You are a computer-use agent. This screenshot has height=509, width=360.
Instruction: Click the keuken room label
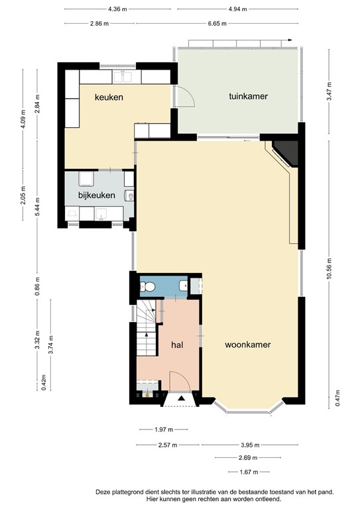[x=109, y=97]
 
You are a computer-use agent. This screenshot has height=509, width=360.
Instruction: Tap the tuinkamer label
[x=248, y=96]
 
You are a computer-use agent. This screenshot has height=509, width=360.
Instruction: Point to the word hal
[x=177, y=345]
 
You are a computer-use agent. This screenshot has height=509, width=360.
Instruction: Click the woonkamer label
[x=248, y=345]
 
